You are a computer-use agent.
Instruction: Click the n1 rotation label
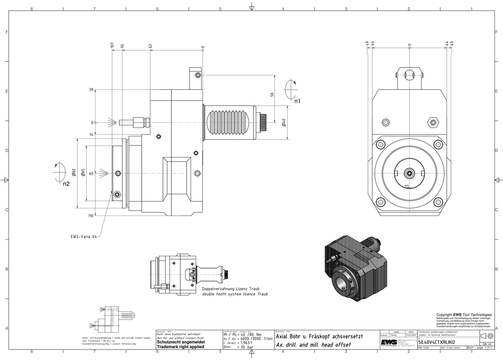pyautogui.click(x=297, y=101)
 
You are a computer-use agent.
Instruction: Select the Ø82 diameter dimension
pyautogui.click(x=74, y=173)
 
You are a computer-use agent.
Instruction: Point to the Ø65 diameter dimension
pyautogui.click(x=82, y=173)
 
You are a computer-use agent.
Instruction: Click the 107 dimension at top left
pyautogui.click(x=112, y=45)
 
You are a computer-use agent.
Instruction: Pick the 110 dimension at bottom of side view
pyautogui.click(x=91, y=216)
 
